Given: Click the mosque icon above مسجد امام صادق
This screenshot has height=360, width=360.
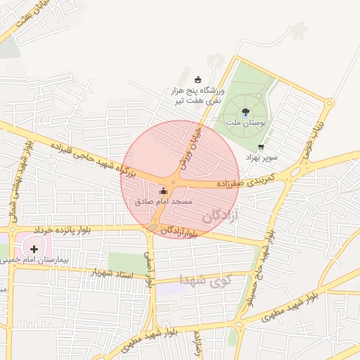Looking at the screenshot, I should tap(163, 191).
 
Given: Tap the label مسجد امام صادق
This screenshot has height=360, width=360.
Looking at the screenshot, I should tap(163, 202).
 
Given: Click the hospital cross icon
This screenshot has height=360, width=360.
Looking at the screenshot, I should tap(34, 248).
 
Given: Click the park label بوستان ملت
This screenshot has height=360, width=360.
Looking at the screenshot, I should tap(244, 122).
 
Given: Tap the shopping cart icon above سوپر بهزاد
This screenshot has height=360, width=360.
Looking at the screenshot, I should tap(261, 148).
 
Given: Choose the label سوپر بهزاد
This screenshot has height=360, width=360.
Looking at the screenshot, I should tap(262, 157).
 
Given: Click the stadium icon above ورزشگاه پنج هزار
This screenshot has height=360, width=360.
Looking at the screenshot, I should tap(197, 79).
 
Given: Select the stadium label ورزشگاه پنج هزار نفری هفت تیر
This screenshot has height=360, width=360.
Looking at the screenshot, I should tap(198, 96).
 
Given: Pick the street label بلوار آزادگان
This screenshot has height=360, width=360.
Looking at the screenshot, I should tap(176, 231).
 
